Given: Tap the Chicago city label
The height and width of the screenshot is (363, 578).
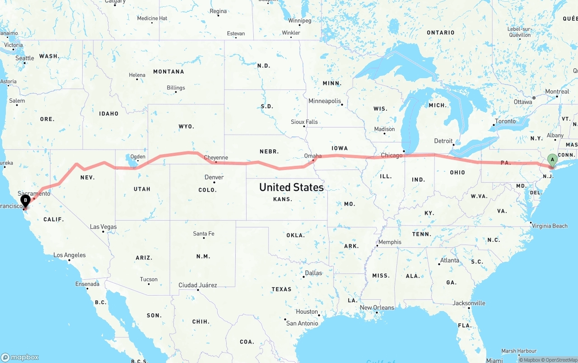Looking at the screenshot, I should tap(391, 156).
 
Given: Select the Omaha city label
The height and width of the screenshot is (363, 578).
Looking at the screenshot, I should tap(313, 156).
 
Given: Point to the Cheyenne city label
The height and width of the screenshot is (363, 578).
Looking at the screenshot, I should tap(216, 158).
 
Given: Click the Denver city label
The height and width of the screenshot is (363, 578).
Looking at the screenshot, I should tap(214, 177).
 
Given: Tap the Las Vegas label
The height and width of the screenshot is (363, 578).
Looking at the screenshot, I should tap(103, 227).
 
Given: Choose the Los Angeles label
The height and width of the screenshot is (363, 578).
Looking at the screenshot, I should tap(70, 255).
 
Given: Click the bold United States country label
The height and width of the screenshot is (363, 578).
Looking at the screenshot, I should tap(291, 187).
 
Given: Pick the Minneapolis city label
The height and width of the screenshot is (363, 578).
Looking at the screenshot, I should tap(325, 101).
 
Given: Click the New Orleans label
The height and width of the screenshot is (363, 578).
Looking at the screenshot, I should tap(377, 308).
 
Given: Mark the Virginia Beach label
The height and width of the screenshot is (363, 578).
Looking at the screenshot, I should tap(550, 226).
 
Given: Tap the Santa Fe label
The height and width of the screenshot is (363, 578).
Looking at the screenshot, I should tap(204, 234).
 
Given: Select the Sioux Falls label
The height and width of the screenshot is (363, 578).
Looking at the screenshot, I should tap(304, 122).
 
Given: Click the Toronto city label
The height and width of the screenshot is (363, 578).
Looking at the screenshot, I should tap(505, 121).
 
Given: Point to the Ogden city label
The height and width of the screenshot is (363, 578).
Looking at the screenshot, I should tap(138, 157).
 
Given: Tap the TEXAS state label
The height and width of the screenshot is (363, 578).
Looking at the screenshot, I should tap(281, 289).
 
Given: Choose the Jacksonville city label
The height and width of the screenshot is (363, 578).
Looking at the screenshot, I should tap(469, 303).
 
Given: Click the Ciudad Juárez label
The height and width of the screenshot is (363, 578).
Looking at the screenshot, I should tap(198, 285).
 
